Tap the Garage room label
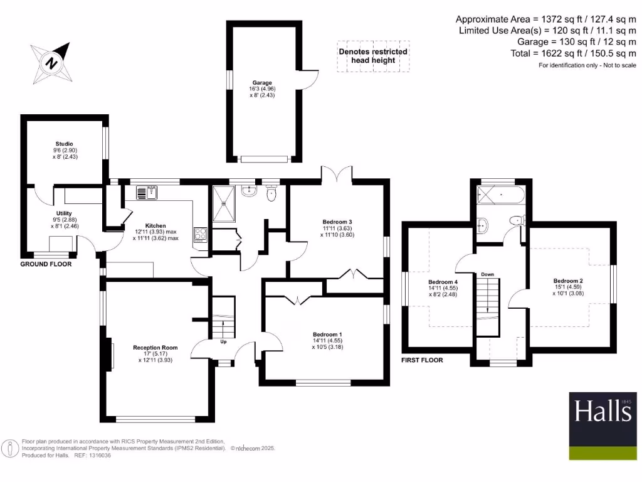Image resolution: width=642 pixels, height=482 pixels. coord(262,82)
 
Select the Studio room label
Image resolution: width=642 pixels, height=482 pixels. coord(63,144)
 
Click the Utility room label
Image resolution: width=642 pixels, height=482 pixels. coord(65,213)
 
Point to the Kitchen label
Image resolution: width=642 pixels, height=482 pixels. coord(155,225)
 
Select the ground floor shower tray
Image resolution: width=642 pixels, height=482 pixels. coord(223,205)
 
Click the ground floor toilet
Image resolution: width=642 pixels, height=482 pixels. coord(271,195)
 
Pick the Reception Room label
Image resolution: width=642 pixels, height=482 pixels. coord(155,347)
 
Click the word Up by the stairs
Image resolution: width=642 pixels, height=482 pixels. coord(223,342)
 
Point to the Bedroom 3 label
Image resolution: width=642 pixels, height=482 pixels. coord(337,222)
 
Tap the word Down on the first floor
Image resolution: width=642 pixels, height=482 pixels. coord(488,274)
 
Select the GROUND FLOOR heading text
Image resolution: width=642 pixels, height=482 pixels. coord(46,264)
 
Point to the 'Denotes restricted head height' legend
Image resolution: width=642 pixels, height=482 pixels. coord(372,56)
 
